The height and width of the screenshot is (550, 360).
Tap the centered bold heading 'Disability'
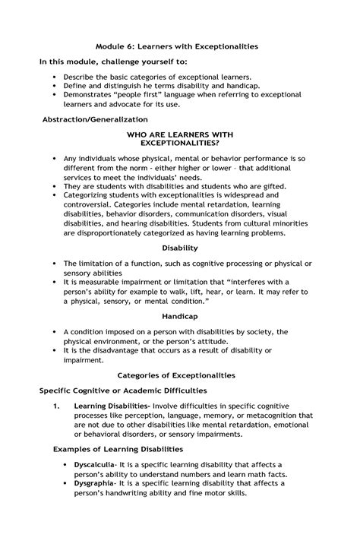pos(180,248)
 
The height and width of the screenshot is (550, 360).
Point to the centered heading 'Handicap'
pos(180,315)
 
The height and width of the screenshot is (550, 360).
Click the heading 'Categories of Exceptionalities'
pos(180,375)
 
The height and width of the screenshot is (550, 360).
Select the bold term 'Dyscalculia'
pos(93,464)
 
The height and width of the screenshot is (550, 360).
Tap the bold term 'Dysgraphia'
pos(93,482)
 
